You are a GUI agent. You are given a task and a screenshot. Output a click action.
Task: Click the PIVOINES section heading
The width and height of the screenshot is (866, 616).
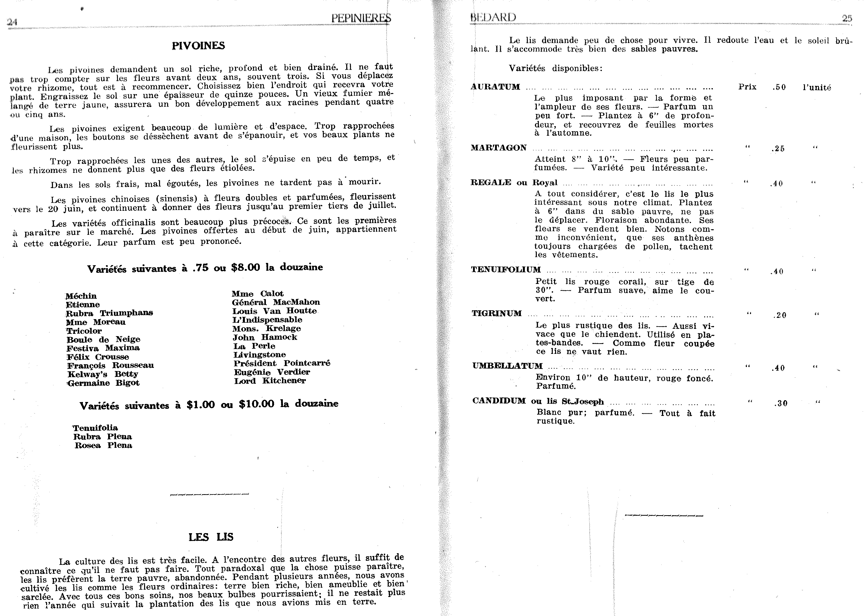pos(198,46)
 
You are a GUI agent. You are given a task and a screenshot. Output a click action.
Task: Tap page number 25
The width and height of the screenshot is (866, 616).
pos(847,18)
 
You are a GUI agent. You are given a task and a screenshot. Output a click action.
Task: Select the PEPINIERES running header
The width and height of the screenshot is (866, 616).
pos(361,18)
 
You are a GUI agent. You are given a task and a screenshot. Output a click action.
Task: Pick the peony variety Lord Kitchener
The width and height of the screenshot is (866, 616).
pos(270,381)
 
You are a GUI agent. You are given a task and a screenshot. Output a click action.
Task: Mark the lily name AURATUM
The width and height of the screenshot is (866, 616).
pos(495,87)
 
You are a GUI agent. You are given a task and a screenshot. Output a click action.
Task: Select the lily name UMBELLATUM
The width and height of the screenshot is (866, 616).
pos(507,366)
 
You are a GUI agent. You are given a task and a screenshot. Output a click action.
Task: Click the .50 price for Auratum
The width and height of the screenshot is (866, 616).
pos(779,87)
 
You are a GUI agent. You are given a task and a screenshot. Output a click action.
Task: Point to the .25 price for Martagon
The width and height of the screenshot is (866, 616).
pos(778,149)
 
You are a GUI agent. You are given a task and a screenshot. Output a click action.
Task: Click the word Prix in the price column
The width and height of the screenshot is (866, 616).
pos(747,87)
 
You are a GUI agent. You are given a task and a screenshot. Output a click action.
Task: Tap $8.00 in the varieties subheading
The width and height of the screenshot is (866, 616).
pos(245,267)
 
